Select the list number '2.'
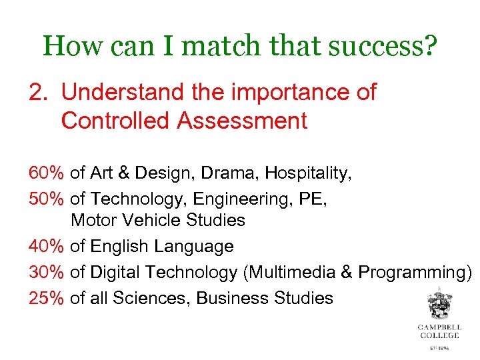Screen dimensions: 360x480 click(x=40, y=93)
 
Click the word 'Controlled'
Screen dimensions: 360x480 click(x=114, y=121)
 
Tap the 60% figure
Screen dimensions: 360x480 click(x=46, y=173)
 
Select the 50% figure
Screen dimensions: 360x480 click(x=46, y=199)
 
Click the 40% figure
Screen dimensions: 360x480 click(x=46, y=247)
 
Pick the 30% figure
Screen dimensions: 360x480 click(x=46, y=272)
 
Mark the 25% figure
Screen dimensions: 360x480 click(x=46, y=297)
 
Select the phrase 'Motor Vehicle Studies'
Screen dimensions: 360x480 click(x=158, y=220)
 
